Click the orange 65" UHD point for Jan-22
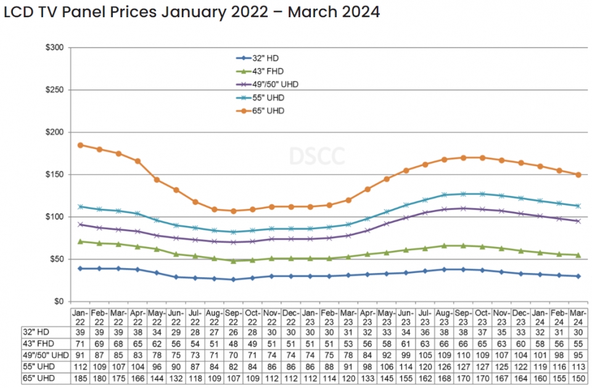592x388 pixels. (x=80, y=145)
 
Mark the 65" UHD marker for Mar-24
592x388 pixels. (x=578, y=174)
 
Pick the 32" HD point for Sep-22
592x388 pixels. (x=233, y=280)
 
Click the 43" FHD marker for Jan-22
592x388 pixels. (x=80, y=241)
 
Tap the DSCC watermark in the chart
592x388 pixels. (x=308, y=155)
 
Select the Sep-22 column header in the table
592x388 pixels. (x=233, y=317)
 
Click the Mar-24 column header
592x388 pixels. (x=578, y=317)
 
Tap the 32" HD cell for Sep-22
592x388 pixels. (x=233, y=331)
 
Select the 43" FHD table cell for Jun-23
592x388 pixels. (x=406, y=342)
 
